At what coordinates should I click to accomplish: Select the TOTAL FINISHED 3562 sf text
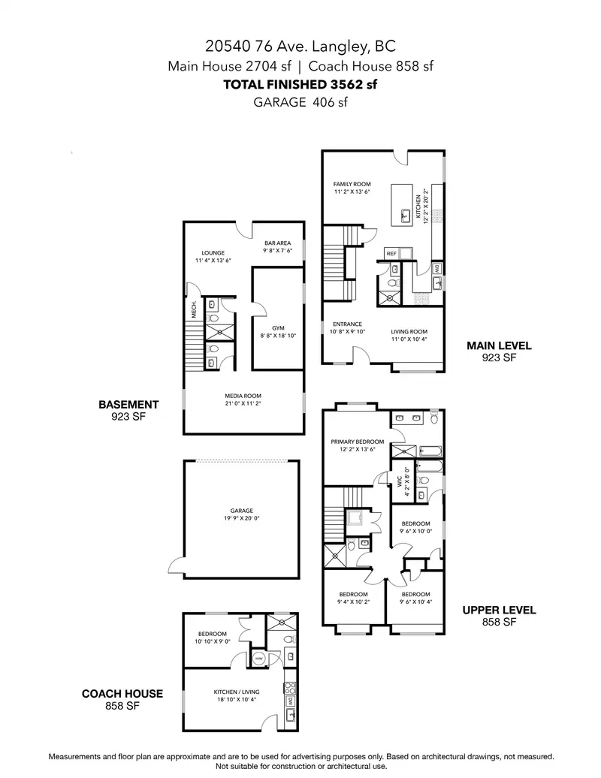(300, 84)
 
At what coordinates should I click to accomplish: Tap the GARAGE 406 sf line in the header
(300, 103)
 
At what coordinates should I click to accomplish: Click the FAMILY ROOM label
(352, 184)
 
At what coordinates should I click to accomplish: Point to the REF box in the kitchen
(391, 253)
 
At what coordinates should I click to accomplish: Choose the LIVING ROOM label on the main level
(409, 331)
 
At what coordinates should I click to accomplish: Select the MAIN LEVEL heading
(499, 346)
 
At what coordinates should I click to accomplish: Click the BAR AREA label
(277, 243)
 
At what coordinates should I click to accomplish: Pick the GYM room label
(278, 328)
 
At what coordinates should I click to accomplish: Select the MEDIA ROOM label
(243, 396)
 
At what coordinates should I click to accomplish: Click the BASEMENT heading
(128, 404)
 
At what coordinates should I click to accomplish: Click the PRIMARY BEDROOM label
(358, 442)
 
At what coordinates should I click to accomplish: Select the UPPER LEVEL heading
(499, 611)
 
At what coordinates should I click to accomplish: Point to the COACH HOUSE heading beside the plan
(122, 694)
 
